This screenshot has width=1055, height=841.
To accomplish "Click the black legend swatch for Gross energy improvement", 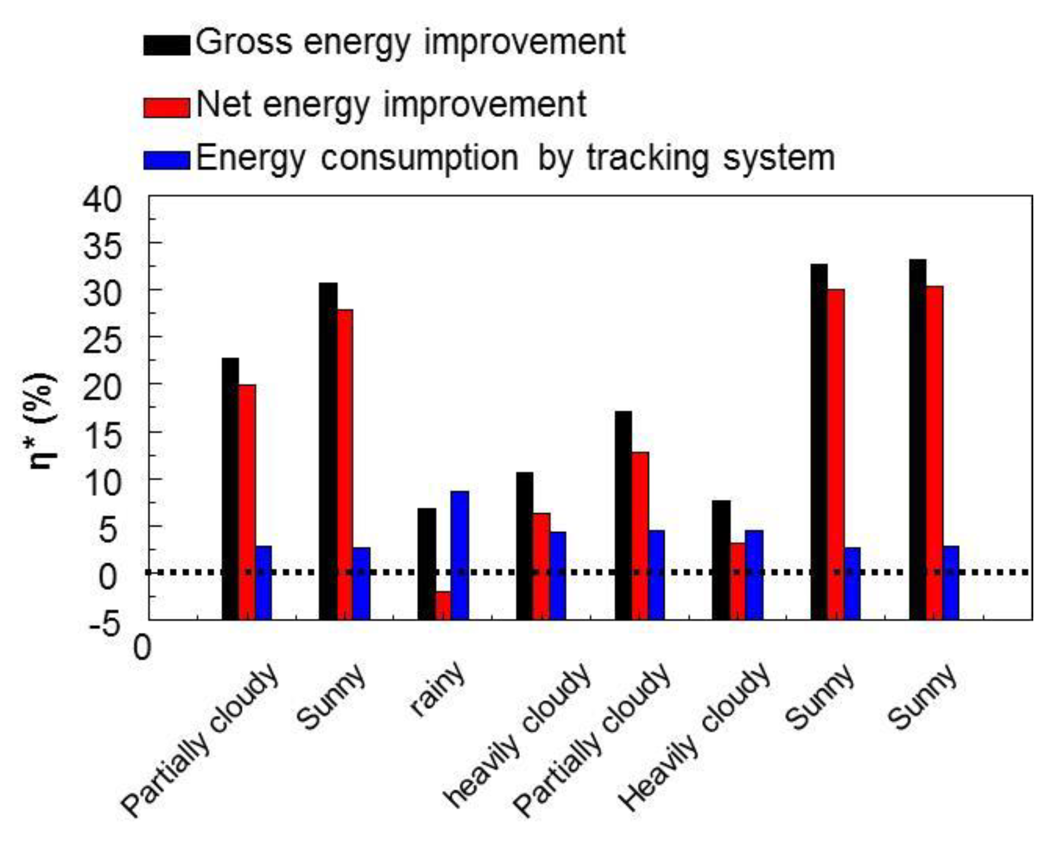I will coord(166,45).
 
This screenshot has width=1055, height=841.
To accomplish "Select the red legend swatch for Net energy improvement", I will coord(166,107).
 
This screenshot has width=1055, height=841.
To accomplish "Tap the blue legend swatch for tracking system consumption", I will coord(166,160).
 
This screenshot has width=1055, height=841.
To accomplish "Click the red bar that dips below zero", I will coord(443,605).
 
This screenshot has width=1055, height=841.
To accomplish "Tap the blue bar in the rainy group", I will coord(460,555).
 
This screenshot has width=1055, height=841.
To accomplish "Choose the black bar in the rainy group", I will coord(427,563).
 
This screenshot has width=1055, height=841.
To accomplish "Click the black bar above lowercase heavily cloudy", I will coord(525,546).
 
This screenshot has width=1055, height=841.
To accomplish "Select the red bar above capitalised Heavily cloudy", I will coord(738,581).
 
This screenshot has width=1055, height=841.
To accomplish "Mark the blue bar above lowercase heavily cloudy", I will coord(557,575).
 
